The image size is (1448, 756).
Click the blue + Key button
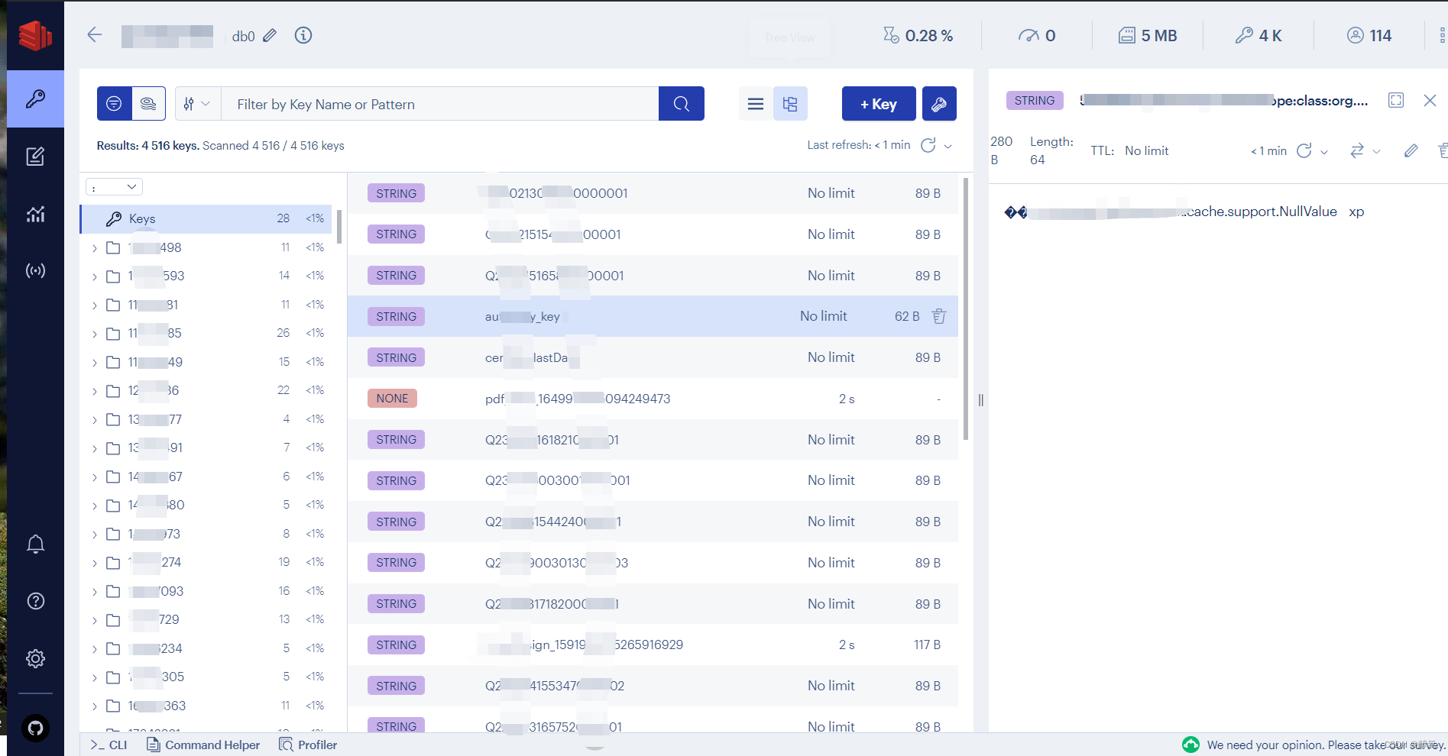878,104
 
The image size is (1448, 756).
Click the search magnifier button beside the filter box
681,104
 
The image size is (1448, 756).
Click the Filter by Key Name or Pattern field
439,104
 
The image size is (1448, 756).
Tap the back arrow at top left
95,35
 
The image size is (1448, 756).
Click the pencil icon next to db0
270,36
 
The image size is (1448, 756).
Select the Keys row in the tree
142,218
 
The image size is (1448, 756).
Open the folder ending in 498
155,247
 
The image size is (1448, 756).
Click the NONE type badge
392,399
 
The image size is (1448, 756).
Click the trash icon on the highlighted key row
939,316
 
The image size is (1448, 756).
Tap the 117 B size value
927,645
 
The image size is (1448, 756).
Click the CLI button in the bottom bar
109,745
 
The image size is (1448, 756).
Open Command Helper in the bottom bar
203,745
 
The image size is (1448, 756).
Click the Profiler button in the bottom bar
308,745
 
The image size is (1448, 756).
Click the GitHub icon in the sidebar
35,728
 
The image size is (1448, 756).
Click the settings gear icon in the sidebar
35,658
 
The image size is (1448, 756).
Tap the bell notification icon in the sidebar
35,544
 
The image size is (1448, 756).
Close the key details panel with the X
1430,100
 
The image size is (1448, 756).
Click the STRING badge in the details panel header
1034,100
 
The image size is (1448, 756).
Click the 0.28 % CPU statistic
918,36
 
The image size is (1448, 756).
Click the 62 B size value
906,316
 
